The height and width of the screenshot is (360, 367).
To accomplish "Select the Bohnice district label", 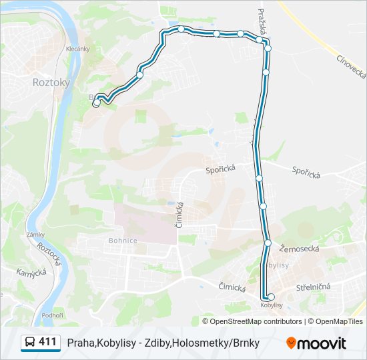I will click(123, 240).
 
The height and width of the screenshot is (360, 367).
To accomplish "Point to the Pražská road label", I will click(263, 23).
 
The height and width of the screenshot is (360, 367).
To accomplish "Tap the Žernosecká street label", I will click(300, 248).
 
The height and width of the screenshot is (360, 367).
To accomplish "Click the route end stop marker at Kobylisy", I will click(270, 297).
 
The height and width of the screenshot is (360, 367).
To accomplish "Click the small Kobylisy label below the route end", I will click(272, 305).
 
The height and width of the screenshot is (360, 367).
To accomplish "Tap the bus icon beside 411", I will click(30, 343).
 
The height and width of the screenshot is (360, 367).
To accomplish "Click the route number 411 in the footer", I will click(47, 342).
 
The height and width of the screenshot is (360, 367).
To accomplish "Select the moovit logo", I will click(316, 343).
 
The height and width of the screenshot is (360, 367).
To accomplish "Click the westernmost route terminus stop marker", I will click(97, 103).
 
